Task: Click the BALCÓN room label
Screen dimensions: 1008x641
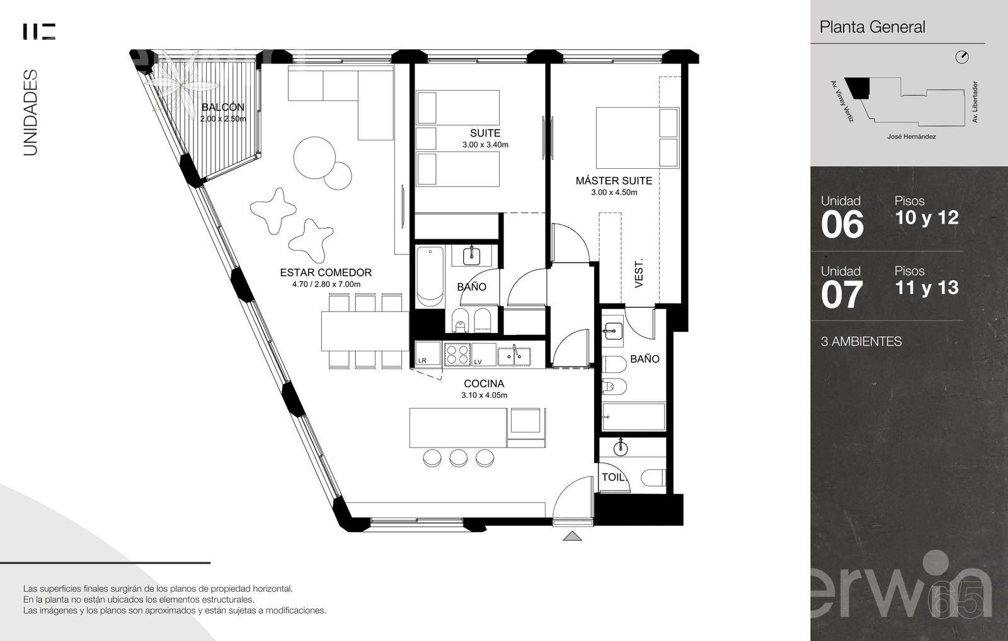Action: pos(223,107)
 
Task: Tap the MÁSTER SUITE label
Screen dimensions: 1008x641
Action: pos(614,181)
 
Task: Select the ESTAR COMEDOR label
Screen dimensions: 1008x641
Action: pos(326,273)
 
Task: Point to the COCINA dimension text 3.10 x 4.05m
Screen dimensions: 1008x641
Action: pos(484,395)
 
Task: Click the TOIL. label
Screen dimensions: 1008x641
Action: pos(614,477)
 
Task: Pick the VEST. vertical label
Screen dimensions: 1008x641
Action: pos(639,273)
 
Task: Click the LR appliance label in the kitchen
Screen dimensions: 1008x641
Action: pos(422,360)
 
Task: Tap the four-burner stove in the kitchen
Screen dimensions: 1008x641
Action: pos(457,354)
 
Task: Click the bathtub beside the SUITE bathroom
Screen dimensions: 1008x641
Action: pos(430,276)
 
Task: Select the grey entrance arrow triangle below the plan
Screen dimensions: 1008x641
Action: pos(572,536)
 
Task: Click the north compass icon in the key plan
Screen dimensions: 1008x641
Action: pos(961,57)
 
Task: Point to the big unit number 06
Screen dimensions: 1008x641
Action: pos(842,224)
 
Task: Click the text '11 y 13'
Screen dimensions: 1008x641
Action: pos(927,288)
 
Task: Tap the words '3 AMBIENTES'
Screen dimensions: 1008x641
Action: pos(861,341)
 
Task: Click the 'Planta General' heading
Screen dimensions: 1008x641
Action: pos(872,27)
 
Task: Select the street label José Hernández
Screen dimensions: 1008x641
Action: pos(911,136)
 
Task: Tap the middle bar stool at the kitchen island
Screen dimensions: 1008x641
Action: pos(459,458)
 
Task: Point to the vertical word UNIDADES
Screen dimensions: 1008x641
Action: pos(30,113)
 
